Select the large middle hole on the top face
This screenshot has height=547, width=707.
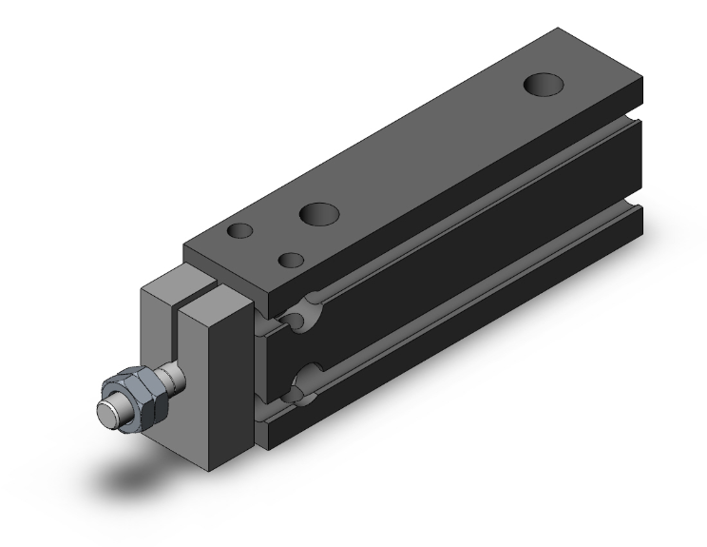(316, 214)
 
